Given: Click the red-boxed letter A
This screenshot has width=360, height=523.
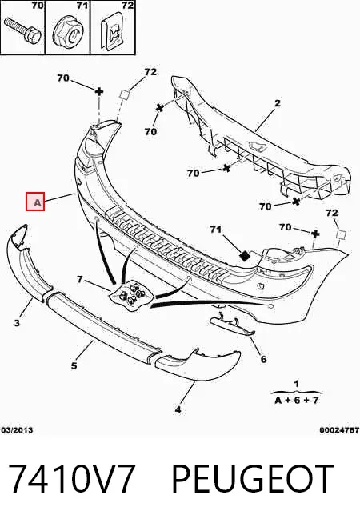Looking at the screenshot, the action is tap(35, 202).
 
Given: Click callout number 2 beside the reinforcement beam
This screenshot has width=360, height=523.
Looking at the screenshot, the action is tap(278, 103).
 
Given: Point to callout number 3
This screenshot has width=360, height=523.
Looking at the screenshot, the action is tap(17, 322).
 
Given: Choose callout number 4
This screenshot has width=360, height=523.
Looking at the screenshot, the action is tap(178, 409).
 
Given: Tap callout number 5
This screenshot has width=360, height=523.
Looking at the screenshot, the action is tap(74, 366).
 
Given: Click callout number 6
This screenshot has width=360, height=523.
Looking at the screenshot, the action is tap(263, 359).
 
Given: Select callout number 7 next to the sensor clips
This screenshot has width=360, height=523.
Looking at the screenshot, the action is tap(80, 279).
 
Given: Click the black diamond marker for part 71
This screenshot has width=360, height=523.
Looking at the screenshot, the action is tap(246, 255).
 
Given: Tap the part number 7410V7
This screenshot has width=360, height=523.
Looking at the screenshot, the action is tap(72, 479).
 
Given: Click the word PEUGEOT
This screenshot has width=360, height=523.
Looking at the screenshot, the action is tap(253, 479).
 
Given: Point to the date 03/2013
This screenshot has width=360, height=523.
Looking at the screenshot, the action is tap(17, 430).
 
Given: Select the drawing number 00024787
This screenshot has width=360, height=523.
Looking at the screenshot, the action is tap(339, 430).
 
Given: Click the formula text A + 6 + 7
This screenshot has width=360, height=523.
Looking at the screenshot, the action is tap(296, 400).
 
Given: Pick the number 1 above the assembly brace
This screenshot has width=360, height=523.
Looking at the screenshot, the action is tap(297, 384).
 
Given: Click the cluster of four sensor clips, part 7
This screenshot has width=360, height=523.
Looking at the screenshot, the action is tap(132, 294).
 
